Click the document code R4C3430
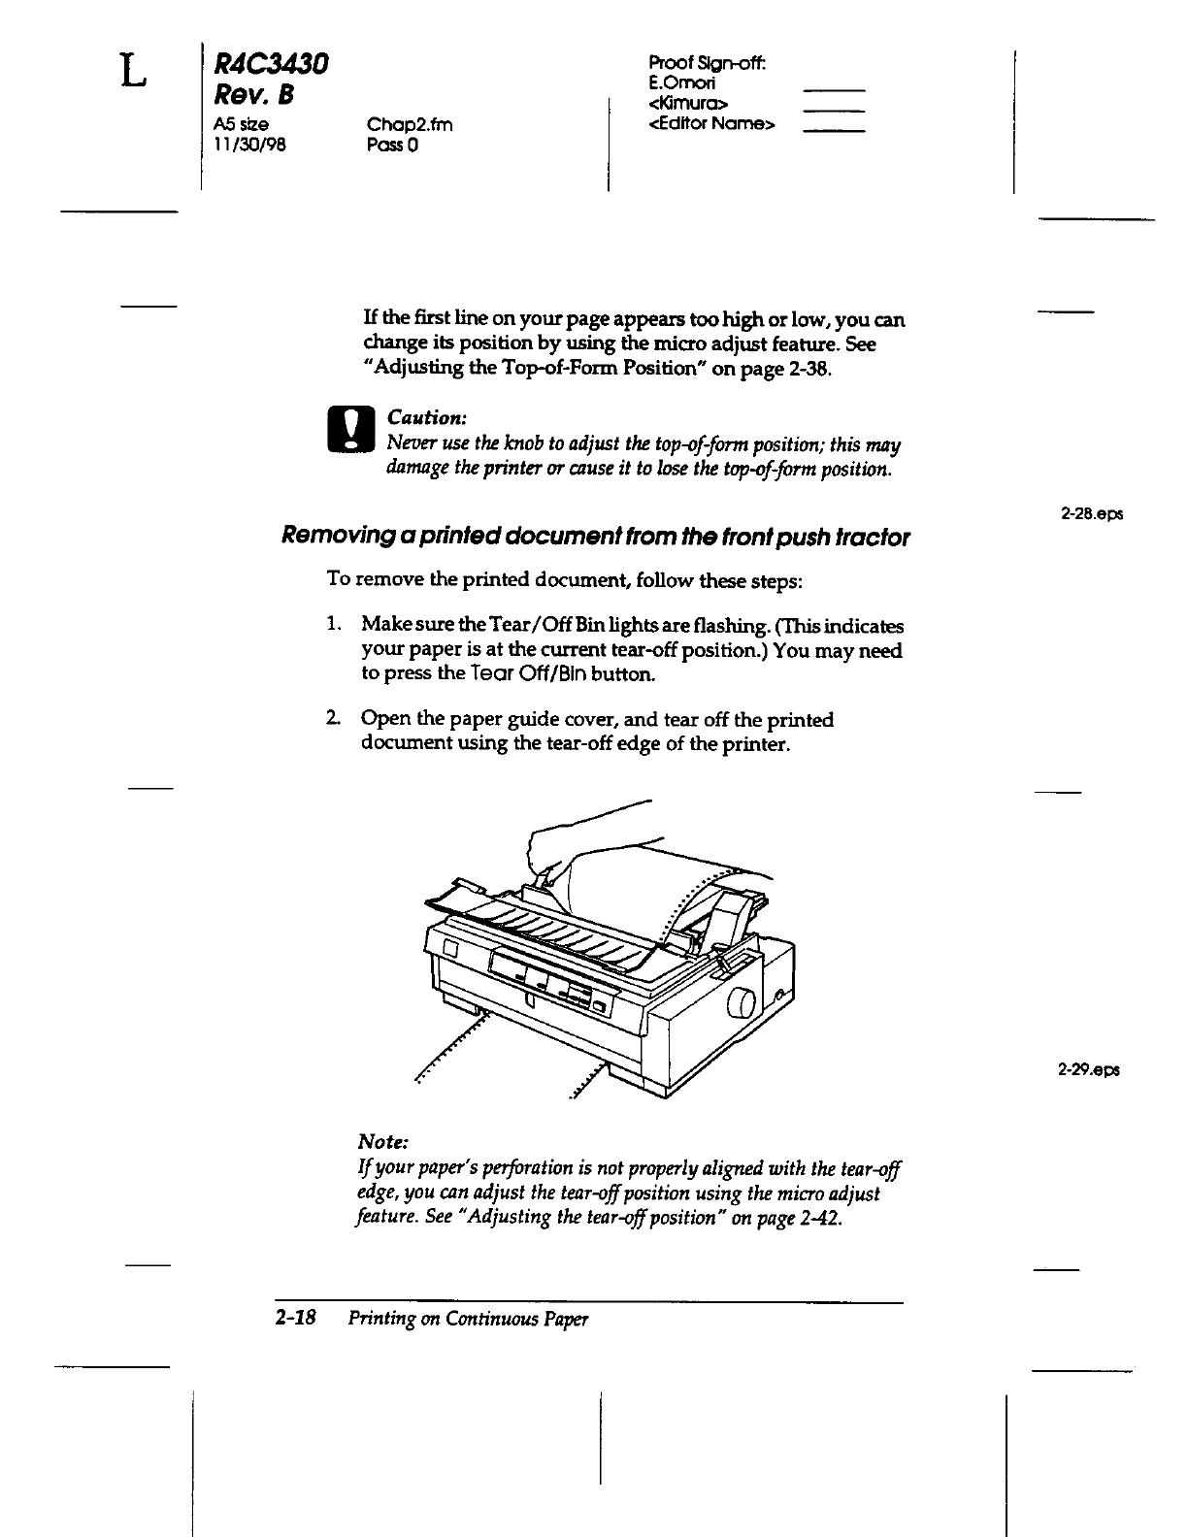271,66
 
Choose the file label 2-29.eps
1089,1070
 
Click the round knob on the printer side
742,1003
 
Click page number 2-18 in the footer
297,1319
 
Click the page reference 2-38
810,370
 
